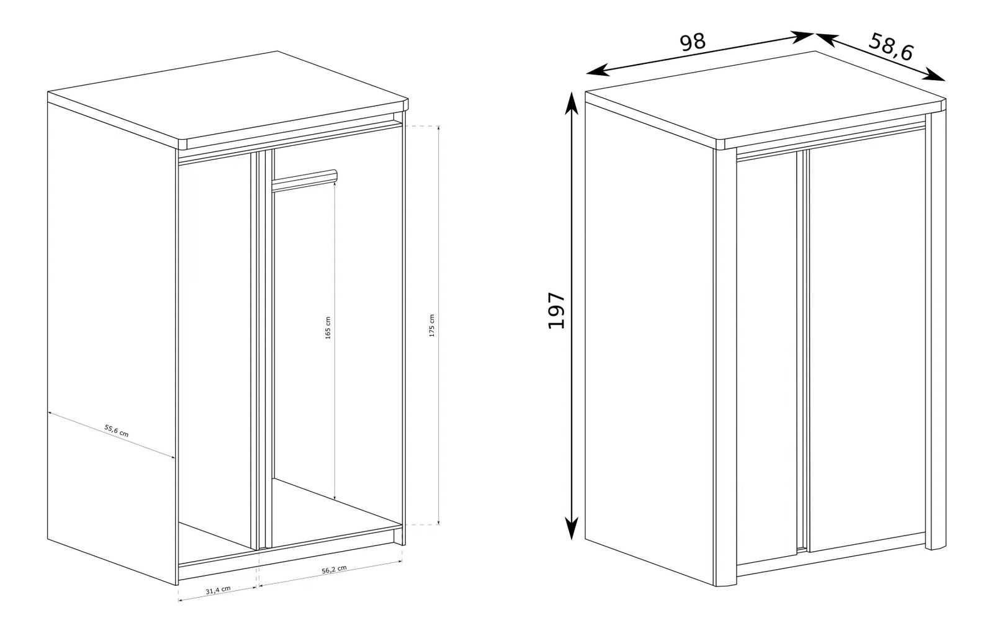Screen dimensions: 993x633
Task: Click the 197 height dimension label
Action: coord(557,310)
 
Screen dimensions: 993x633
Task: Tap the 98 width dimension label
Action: coord(693,42)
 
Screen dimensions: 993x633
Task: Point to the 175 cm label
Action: coord(432,326)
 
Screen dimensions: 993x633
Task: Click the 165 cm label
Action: coord(328,328)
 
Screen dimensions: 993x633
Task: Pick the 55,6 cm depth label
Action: coord(117,431)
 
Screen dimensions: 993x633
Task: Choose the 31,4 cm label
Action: coord(218,590)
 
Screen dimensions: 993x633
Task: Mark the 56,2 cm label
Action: coord(335,570)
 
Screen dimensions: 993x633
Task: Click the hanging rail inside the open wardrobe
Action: coord(305,180)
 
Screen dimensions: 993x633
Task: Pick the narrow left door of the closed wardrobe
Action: coord(767,359)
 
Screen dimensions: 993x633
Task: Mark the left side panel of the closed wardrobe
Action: coord(650,341)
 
